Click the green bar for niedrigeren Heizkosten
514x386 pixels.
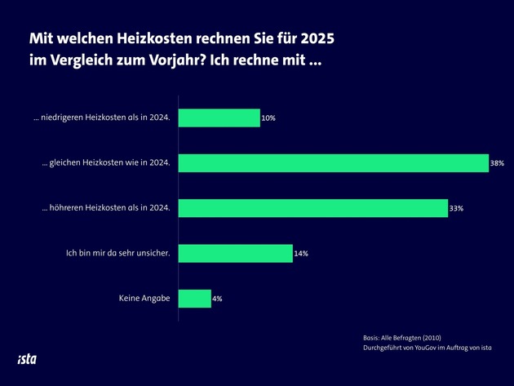219,118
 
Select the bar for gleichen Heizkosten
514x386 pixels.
333,163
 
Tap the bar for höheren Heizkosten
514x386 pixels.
312,208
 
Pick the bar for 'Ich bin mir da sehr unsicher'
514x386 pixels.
235,253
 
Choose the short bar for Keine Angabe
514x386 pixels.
194,299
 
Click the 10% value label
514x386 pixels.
268,118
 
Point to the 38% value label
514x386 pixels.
497,163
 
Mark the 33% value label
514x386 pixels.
456,209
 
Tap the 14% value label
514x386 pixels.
301,254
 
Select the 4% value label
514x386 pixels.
218,299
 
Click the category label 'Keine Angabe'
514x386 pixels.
144,299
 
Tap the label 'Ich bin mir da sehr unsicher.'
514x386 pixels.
117,253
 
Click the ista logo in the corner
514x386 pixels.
27,359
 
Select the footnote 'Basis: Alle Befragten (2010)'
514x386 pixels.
402,337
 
